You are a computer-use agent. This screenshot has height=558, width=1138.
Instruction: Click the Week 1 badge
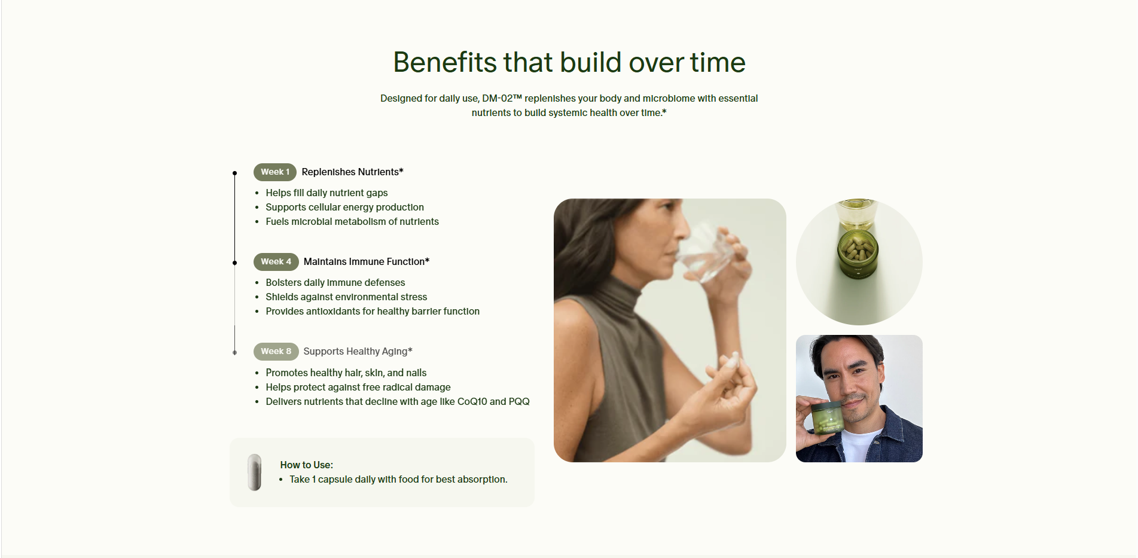(x=275, y=172)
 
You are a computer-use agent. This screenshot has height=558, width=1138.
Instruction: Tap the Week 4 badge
(x=276, y=262)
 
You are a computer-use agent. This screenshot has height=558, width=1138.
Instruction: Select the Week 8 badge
(x=276, y=352)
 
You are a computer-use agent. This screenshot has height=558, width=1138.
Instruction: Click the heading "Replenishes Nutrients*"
(x=353, y=172)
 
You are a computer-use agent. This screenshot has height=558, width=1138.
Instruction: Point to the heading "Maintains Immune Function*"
(x=367, y=262)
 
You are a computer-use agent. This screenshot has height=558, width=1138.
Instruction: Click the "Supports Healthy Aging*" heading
(x=358, y=352)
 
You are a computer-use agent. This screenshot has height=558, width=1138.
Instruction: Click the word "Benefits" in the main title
(x=445, y=62)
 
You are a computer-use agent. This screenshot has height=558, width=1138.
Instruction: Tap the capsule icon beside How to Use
(x=255, y=472)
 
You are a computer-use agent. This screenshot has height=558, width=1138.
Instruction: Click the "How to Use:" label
(x=307, y=465)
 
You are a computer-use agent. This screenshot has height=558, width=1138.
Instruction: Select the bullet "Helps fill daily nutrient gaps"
(x=327, y=193)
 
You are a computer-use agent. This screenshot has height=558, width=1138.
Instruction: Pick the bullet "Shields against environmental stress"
(x=347, y=297)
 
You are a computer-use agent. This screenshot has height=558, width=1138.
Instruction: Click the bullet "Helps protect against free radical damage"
(x=358, y=387)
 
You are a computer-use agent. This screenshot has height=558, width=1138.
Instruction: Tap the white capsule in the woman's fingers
(x=731, y=361)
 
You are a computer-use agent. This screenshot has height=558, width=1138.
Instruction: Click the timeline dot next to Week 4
(x=235, y=263)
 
